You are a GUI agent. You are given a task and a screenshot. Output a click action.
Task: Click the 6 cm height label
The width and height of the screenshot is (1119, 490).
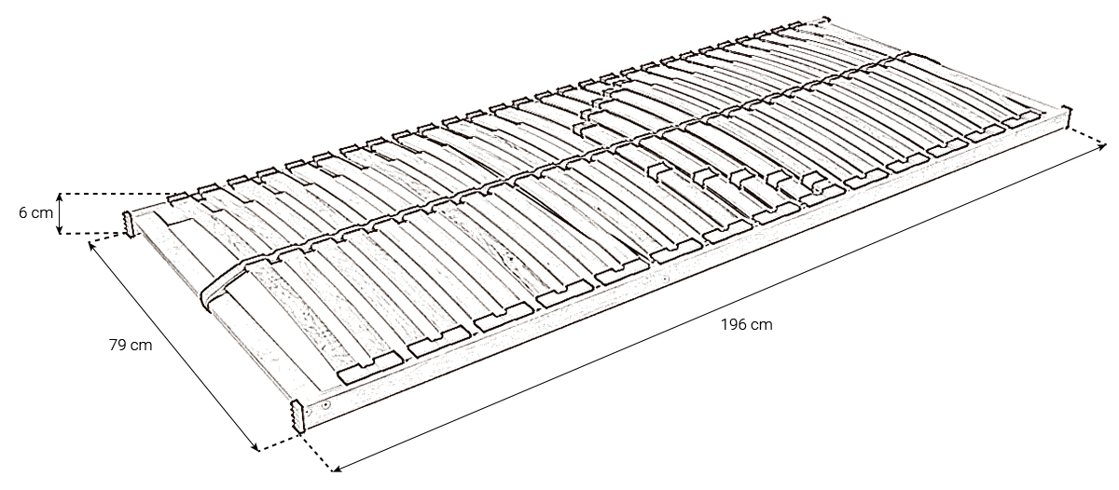click(x=35, y=213)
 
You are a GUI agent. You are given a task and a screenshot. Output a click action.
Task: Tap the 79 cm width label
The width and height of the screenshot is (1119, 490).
click(x=131, y=345)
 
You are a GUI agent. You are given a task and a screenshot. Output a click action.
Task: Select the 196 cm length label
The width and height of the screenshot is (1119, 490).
click(x=746, y=325)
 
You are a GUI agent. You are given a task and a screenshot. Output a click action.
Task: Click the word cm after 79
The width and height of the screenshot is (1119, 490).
click(x=143, y=346)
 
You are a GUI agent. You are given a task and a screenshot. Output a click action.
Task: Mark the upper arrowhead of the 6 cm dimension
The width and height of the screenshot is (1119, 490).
click(x=60, y=197)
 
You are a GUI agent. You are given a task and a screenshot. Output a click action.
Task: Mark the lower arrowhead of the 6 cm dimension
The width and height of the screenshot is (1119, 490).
click(x=60, y=230)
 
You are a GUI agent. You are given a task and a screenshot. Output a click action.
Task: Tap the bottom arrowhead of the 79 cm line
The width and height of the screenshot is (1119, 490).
click(x=256, y=446)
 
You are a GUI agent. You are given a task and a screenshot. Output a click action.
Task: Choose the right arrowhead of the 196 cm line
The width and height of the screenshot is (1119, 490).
click(x=1101, y=145)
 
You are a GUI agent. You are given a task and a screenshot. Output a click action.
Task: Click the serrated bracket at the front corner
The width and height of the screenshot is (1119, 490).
click(x=297, y=415)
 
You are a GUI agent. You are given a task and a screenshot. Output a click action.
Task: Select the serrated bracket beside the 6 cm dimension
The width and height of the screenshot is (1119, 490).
click(x=129, y=225)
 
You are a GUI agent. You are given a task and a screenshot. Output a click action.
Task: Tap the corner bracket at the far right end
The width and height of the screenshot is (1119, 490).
click(x=1066, y=117)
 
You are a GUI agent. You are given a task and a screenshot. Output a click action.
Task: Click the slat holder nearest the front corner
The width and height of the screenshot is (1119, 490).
click(x=371, y=368)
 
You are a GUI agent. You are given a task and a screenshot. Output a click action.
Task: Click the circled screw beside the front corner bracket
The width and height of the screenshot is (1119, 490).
click(x=325, y=405)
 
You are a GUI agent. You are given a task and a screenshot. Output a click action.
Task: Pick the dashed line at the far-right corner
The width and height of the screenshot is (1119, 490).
click(x=1086, y=137)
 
